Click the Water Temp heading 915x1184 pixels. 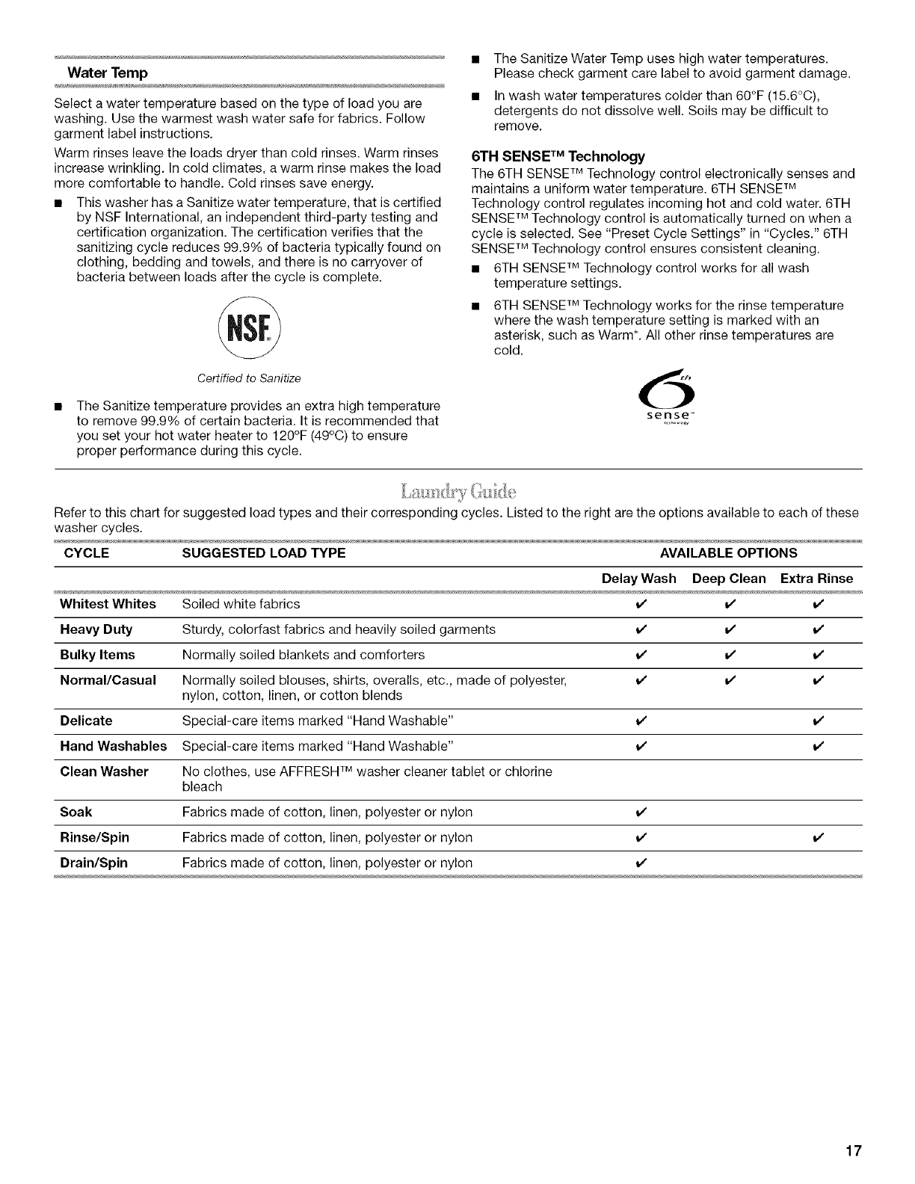tap(108, 73)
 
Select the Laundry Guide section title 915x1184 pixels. tap(458, 492)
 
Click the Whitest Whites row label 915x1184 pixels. tap(108, 604)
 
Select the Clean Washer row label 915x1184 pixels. tap(104, 771)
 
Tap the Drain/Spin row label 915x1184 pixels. tap(93, 863)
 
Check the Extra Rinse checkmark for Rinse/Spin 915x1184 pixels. tap(816, 838)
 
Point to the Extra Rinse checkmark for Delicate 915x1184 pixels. tap(816, 721)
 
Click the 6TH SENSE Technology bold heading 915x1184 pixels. tap(558, 157)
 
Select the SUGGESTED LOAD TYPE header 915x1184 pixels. tap(264, 553)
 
